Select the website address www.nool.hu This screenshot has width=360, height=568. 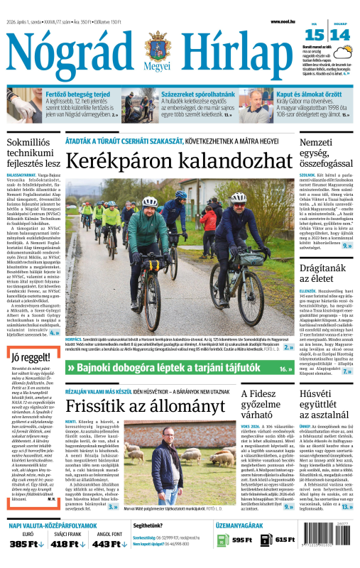(x=283, y=22)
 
